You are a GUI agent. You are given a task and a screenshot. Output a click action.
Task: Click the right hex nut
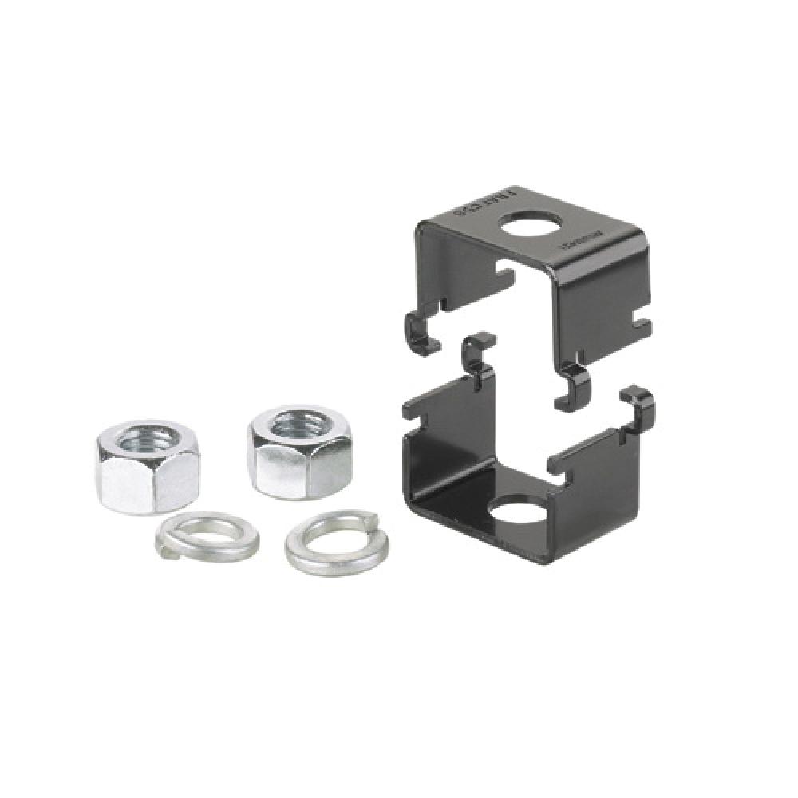tap(299, 453)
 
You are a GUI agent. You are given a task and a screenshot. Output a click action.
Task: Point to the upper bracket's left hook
tap(422, 332)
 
